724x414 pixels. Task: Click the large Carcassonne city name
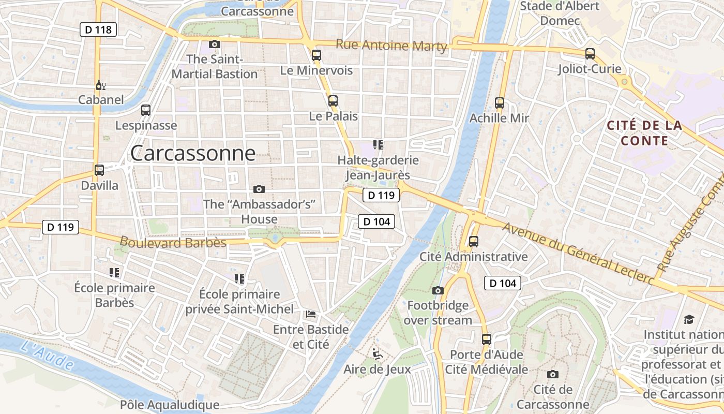tap(193, 153)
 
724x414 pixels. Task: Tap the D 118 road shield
tap(98, 29)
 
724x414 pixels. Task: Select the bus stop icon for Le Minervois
tap(316, 55)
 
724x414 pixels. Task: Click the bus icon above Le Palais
tap(333, 100)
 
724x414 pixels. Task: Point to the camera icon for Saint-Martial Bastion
tap(215, 44)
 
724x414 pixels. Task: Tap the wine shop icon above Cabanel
tap(100, 85)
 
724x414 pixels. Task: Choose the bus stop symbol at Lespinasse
tap(146, 110)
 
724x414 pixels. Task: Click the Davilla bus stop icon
tap(99, 170)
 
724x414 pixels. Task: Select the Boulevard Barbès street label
tap(173, 242)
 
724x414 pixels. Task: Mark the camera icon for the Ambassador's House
tap(259, 189)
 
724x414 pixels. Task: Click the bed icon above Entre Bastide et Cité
tap(311, 314)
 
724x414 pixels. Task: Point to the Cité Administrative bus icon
tap(473, 241)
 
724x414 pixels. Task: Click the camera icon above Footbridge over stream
tap(438, 290)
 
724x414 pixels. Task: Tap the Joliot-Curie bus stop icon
tap(590, 53)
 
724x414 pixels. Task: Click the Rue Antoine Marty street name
tap(391, 46)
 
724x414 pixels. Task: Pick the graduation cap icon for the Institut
tap(689, 319)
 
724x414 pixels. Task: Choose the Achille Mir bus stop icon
tap(500, 102)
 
